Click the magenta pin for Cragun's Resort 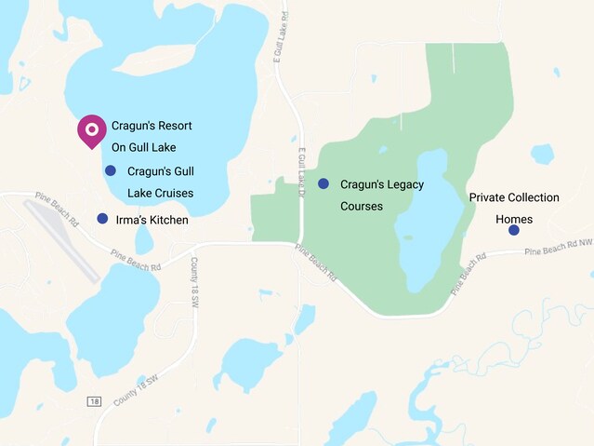pos(91,130)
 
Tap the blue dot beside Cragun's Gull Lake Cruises pos(111,170)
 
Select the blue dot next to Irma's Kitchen pos(102,219)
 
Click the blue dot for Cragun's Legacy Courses pos(323,183)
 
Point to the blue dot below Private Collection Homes pos(514,230)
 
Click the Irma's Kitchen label pos(152,220)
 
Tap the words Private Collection pos(513,197)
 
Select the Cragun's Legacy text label pos(381,184)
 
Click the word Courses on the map pos(362,206)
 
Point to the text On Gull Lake pos(143,146)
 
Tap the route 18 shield pos(94,401)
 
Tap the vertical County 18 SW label pos(194,280)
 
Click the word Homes pos(514,220)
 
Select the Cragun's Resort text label pos(152,125)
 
